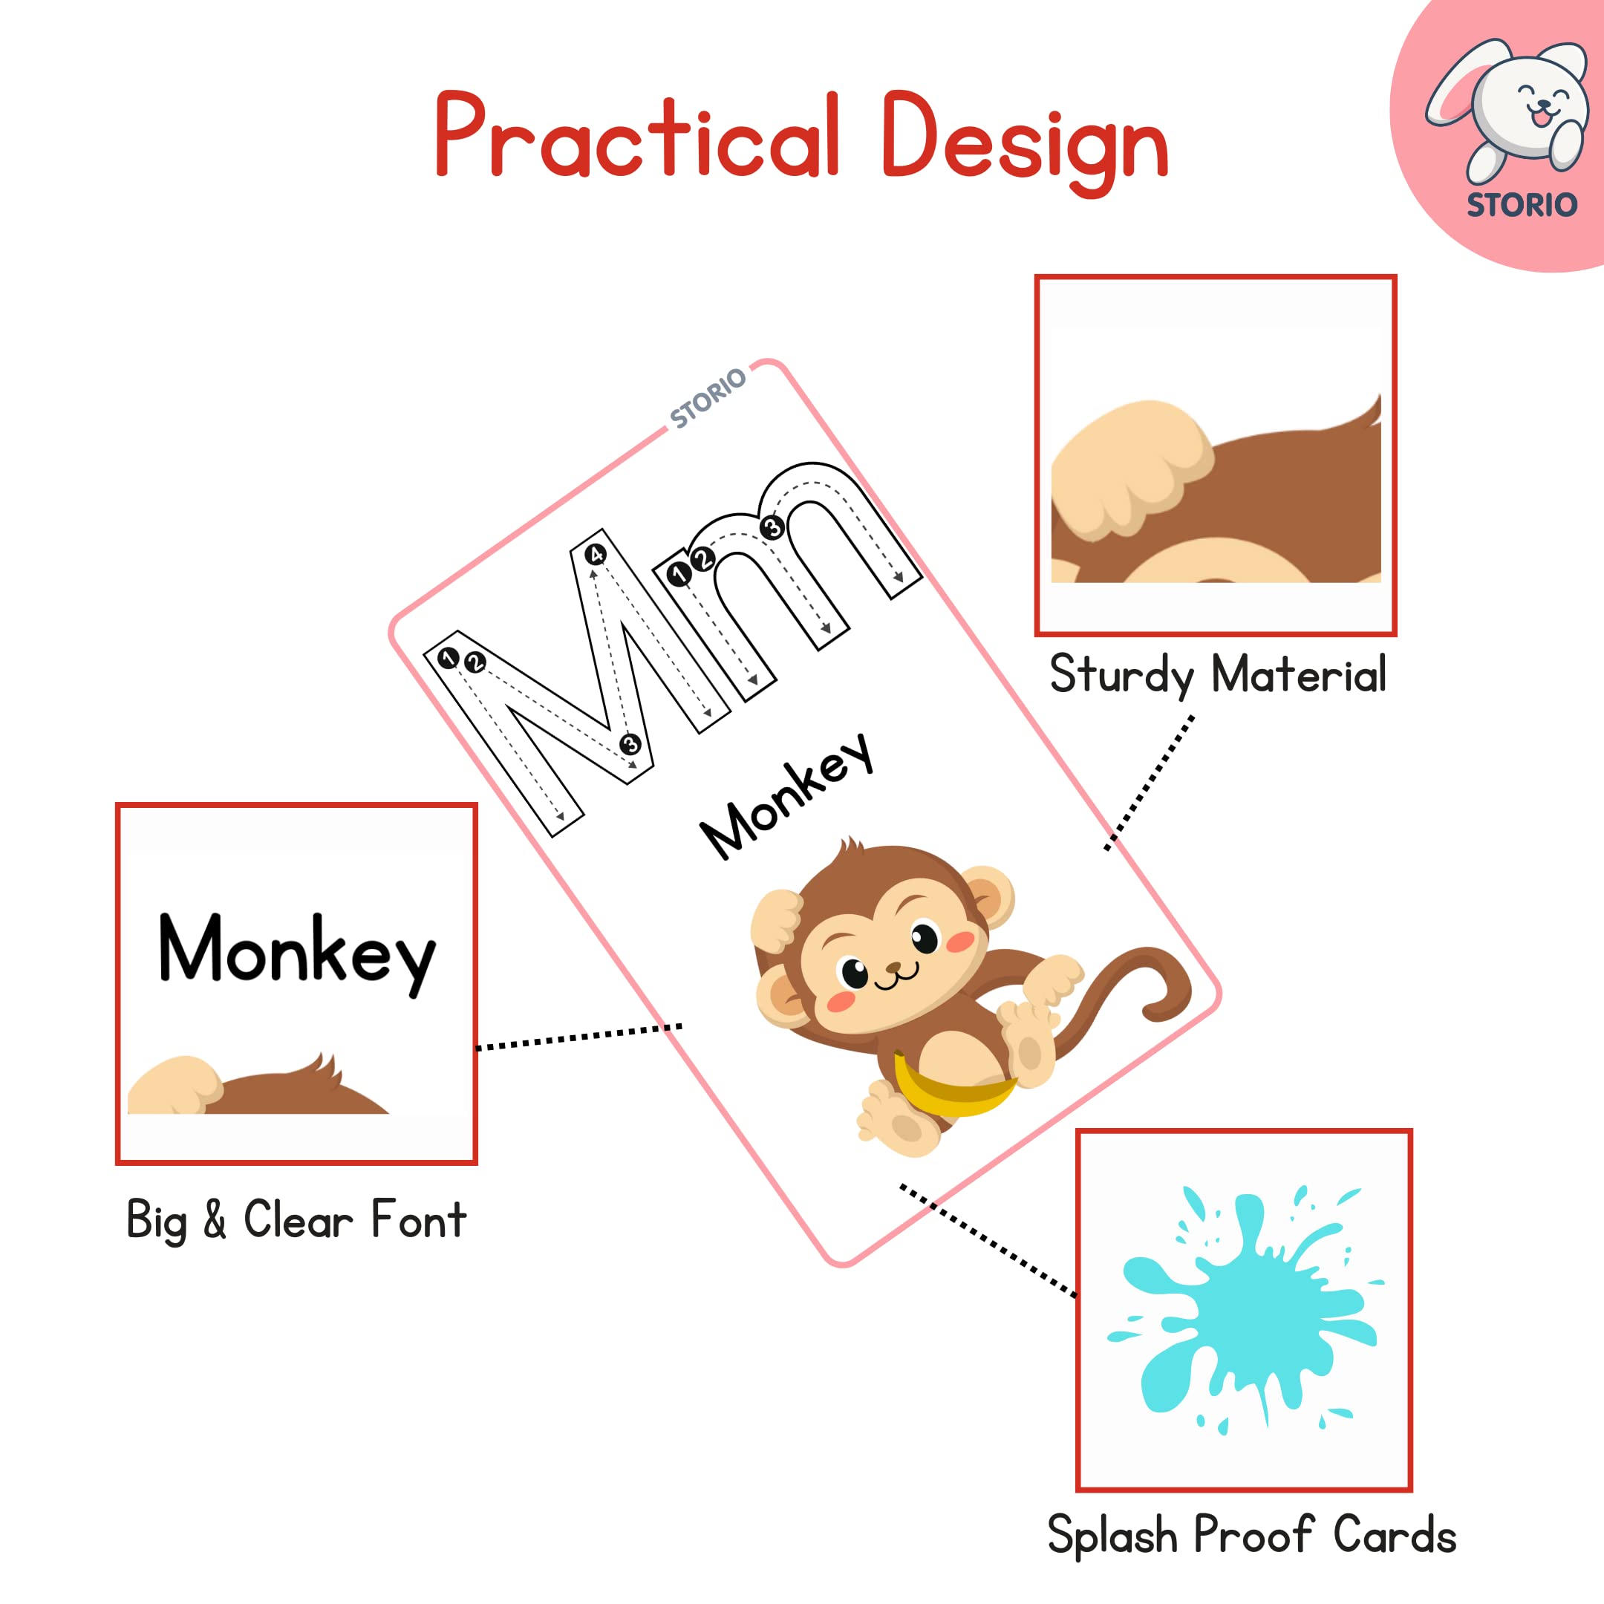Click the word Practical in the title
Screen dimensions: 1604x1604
point(637,137)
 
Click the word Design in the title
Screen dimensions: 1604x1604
point(1026,141)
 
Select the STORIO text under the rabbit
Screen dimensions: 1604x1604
point(1522,205)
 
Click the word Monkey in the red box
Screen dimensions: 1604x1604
point(296,950)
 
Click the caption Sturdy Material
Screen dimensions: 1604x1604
point(1217,674)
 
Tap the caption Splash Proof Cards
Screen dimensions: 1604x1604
point(1251,1535)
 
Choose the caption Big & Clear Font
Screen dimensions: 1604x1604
point(296,1219)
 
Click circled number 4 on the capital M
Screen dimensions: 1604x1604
point(596,555)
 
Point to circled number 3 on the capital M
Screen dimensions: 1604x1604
point(630,744)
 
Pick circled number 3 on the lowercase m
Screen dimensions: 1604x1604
point(772,527)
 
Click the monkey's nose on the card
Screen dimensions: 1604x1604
point(893,967)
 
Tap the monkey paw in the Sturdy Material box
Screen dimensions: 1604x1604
point(1129,469)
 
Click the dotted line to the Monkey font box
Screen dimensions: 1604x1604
point(578,1037)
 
